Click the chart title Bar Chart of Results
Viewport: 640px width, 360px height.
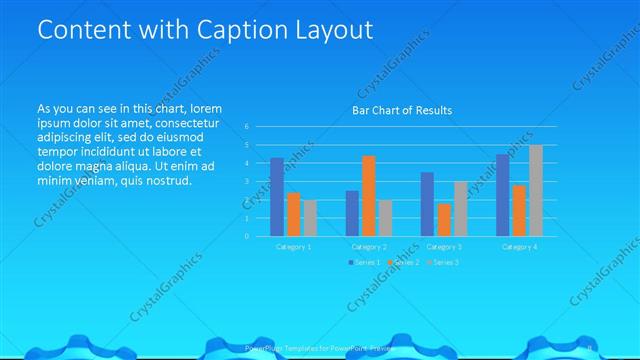click(402, 110)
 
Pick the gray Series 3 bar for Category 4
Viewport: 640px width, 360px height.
click(535, 190)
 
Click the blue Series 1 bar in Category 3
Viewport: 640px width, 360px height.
click(427, 204)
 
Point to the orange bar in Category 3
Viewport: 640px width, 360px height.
click(443, 220)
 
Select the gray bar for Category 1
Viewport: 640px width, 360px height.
click(310, 218)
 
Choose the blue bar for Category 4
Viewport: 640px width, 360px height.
click(503, 195)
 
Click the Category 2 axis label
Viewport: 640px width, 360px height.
click(369, 246)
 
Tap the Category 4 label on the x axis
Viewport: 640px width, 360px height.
click(519, 246)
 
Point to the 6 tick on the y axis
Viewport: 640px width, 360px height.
click(247, 127)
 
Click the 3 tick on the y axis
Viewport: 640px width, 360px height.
click(247, 182)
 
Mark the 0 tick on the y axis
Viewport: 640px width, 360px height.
click(247, 237)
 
